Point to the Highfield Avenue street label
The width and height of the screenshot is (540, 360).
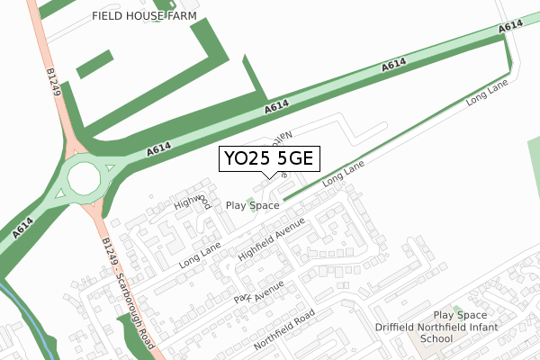coord(273,239)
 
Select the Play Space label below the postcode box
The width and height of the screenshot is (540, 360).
coord(252,205)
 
